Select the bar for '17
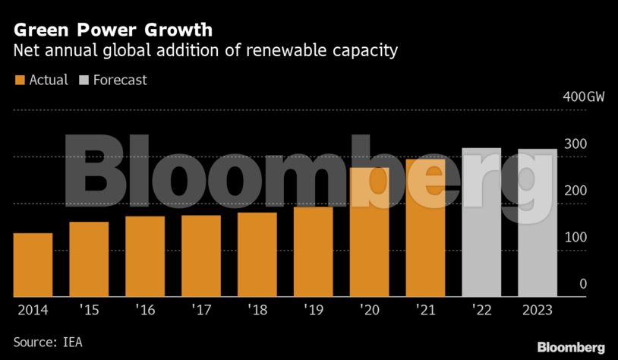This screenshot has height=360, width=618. click(x=201, y=256)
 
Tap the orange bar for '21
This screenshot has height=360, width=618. click(x=426, y=228)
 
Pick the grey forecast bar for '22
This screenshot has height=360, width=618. click(x=482, y=223)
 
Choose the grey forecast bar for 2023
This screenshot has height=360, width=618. click(x=538, y=223)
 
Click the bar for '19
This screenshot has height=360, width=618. click(x=314, y=251)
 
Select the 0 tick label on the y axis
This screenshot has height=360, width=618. click(x=583, y=284)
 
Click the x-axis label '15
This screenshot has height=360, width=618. click(x=89, y=311)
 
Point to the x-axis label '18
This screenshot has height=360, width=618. click(x=257, y=311)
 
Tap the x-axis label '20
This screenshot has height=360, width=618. click(x=370, y=311)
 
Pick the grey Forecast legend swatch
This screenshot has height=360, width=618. click(x=84, y=80)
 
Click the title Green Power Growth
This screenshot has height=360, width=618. click(x=113, y=30)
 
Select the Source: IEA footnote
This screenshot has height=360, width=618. click(x=48, y=343)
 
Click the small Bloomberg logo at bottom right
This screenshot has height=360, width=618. click(x=571, y=347)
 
